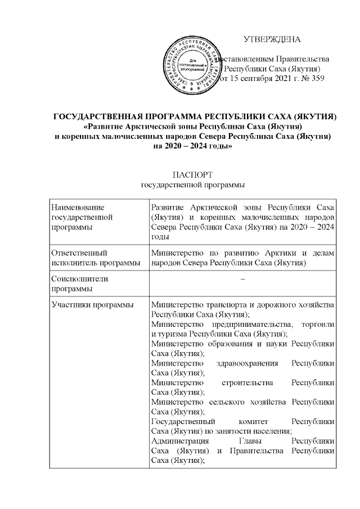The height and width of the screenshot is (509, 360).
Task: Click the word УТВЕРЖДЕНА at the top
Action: tap(272, 39)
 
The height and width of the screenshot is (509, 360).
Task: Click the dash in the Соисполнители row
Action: tap(242, 280)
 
